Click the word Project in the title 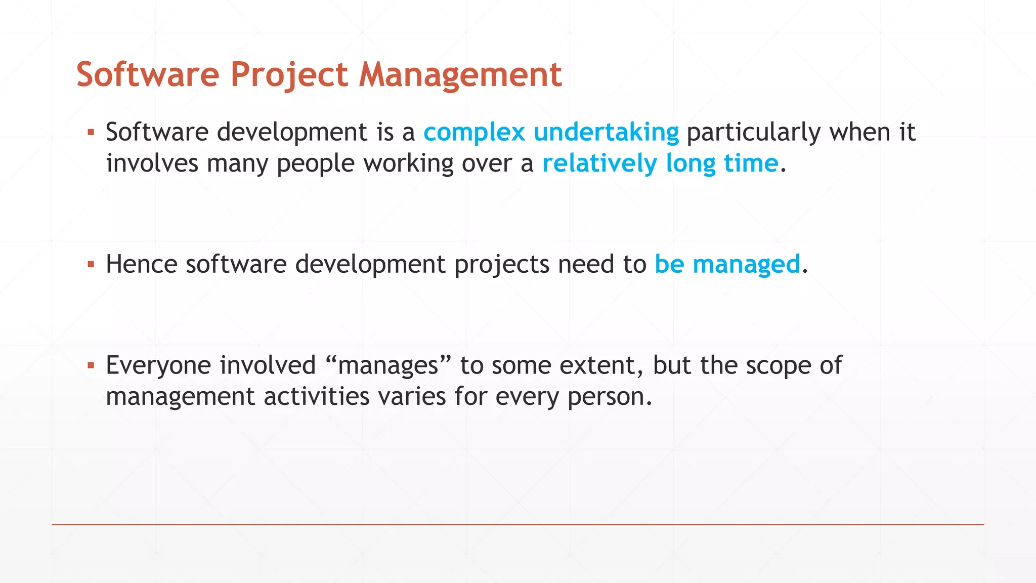pos(289,75)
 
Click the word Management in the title pos(460,75)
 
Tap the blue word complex pos(474,132)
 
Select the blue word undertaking pos(606,132)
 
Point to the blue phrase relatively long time pos(660,163)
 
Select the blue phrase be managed pos(727,264)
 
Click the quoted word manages pos(388,365)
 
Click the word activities pos(317,396)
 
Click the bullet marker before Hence pos(91,264)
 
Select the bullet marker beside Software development pos(91,133)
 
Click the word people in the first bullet pos(315,163)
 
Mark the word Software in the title pos(148,75)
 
